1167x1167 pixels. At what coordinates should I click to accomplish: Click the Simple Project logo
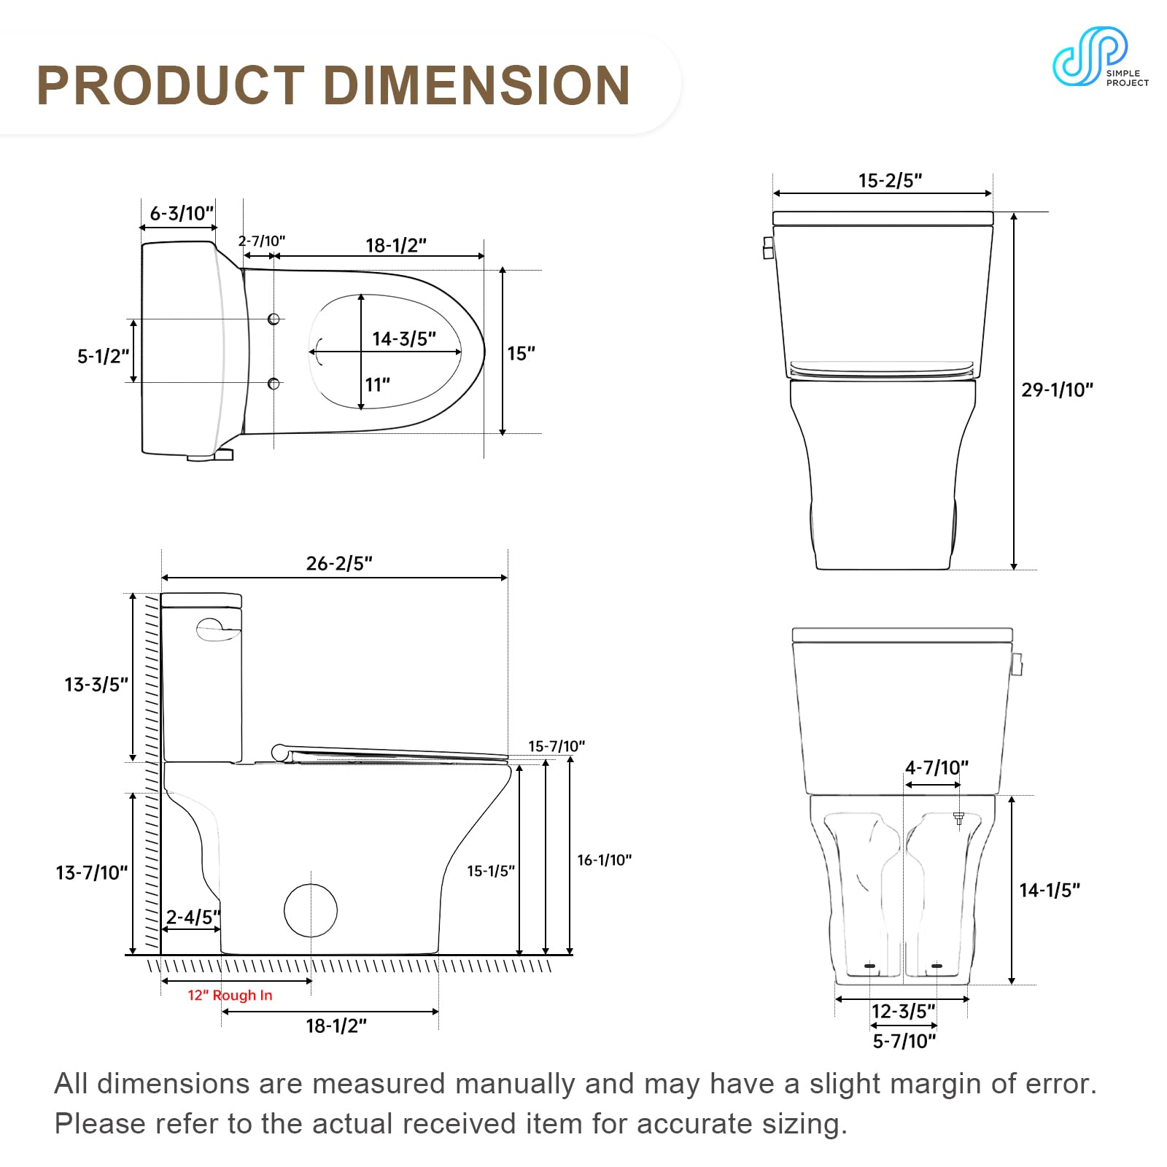click(1100, 57)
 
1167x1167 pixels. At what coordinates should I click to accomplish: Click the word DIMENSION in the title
click(477, 85)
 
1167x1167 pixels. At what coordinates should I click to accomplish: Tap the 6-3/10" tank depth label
click(182, 213)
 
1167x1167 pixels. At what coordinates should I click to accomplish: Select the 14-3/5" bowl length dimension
click(404, 338)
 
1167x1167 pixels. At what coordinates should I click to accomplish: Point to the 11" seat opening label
click(378, 384)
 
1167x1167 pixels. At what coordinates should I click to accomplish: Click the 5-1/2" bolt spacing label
click(103, 356)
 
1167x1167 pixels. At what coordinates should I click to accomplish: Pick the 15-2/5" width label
click(890, 180)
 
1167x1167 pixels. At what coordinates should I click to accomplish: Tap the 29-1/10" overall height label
click(1057, 389)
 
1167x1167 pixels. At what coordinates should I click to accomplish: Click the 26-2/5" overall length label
click(339, 563)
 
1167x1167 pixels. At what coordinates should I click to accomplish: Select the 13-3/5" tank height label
click(96, 684)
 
